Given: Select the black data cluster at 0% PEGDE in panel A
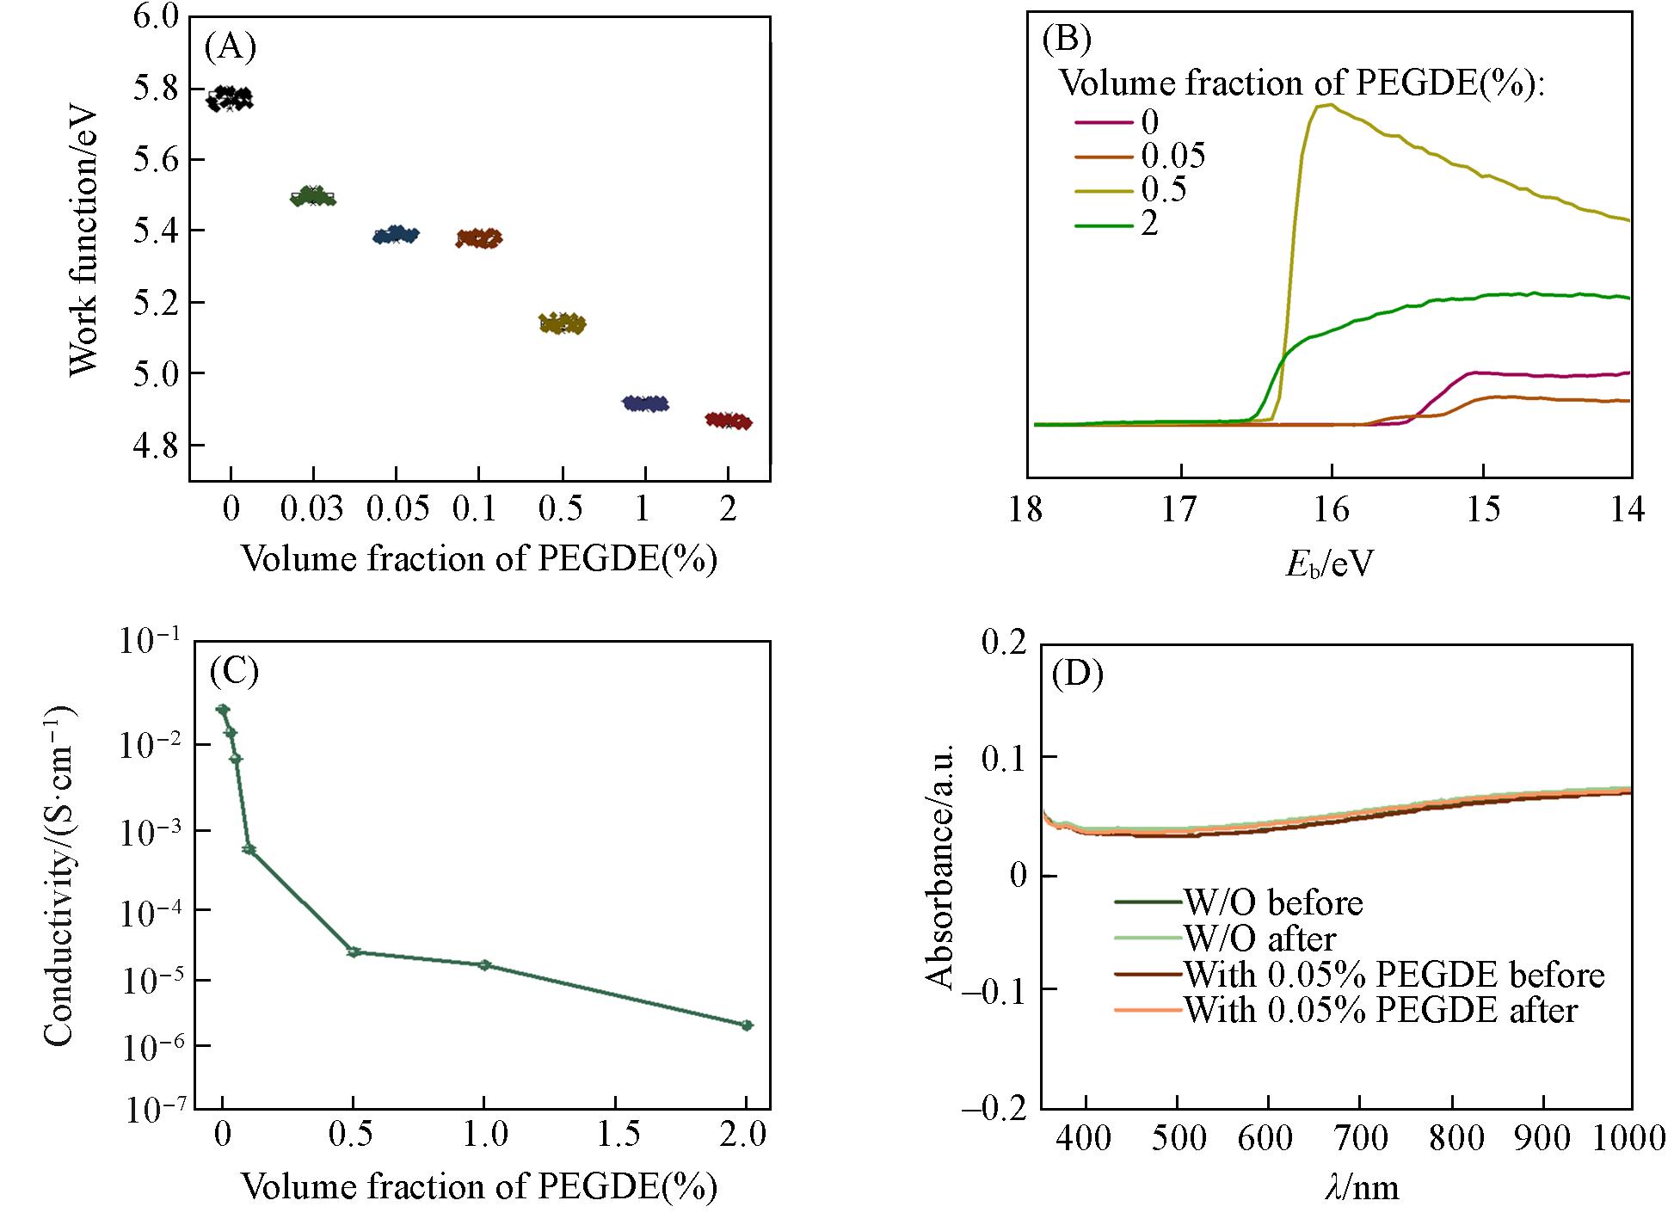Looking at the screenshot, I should click(x=230, y=98).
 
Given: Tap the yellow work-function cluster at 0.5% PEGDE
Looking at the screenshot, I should click(x=562, y=323).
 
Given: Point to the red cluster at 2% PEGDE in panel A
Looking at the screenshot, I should click(x=729, y=421).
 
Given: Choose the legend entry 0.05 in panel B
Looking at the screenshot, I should click(x=1173, y=156).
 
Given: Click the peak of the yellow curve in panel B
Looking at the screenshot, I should click(x=1329, y=105).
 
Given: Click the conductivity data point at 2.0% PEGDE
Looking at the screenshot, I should click(x=747, y=1025).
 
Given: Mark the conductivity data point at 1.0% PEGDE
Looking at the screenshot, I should click(x=484, y=965).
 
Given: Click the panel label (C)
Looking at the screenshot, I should click(x=234, y=672).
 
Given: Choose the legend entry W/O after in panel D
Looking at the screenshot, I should click(x=1259, y=938).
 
